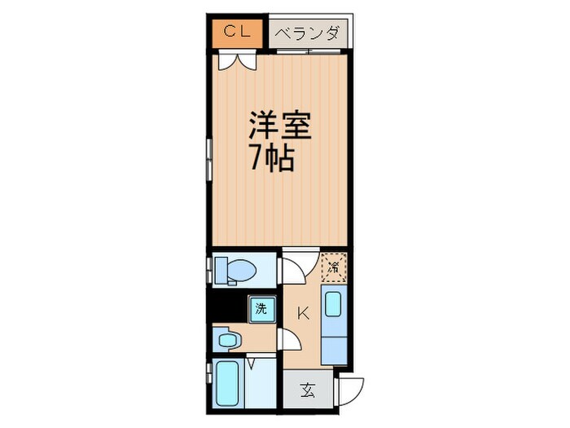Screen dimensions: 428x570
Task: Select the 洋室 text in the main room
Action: click(279, 127)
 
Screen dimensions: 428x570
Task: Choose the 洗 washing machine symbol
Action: click(261, 308)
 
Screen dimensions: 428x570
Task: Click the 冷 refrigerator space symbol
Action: click(334, 266)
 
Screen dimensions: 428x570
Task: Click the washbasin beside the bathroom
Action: click(227, 338)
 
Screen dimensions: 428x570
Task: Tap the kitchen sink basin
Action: click(334, 305)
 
